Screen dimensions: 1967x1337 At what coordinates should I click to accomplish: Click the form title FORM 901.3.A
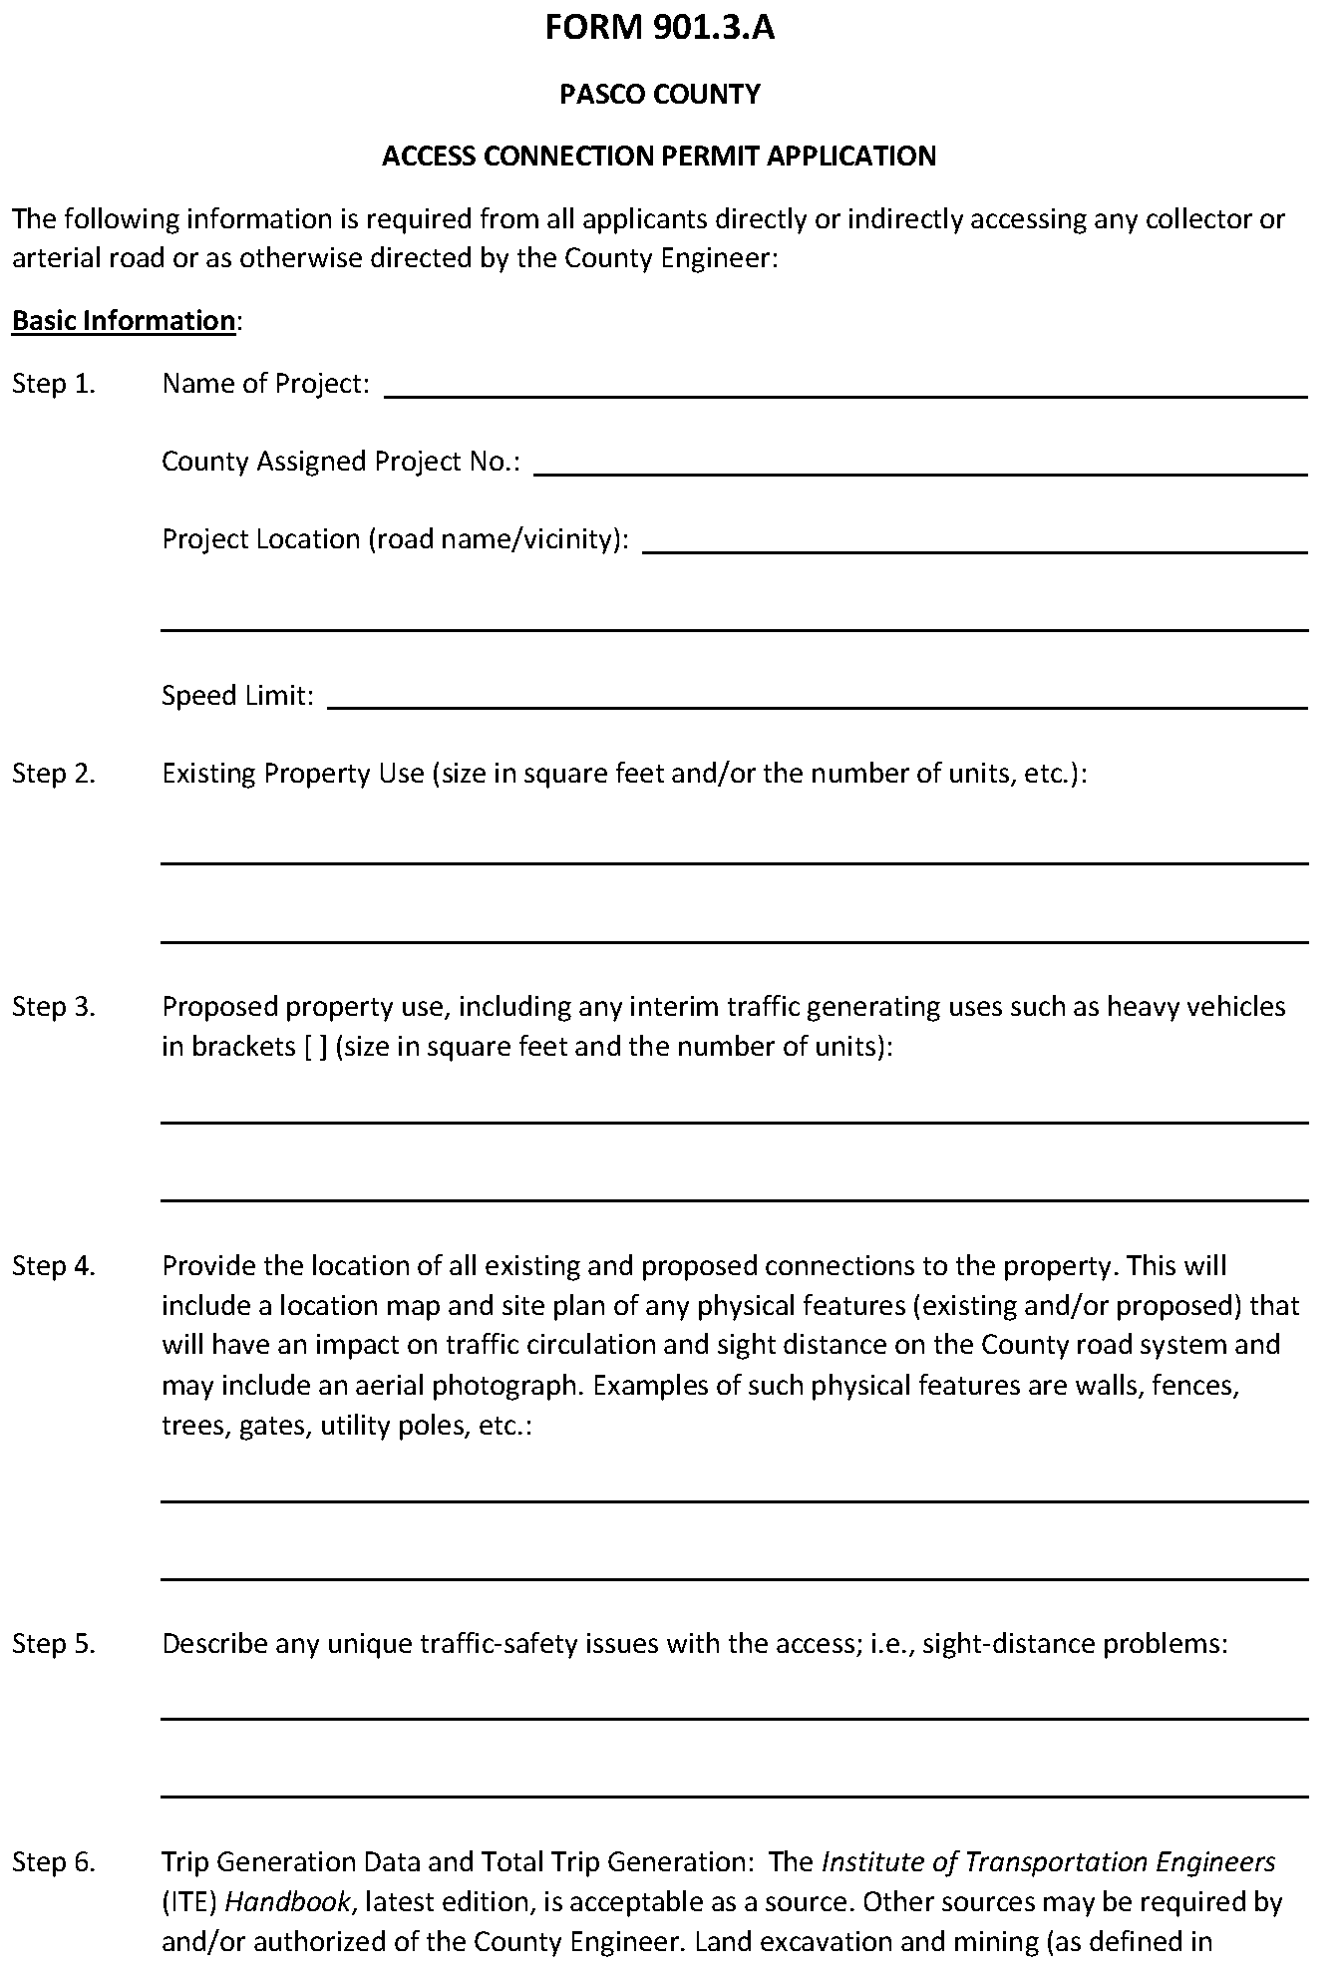[x=660, y=28]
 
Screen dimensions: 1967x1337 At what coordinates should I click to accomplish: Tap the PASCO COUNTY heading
[x=660, y=95]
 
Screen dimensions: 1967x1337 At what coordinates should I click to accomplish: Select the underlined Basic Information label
[x=124, y=321]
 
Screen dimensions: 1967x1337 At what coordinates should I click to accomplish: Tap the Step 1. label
[x=54, y=384]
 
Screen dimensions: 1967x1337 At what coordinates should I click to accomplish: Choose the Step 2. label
[x=54, y=774]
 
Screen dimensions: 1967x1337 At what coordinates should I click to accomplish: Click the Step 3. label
[x=54, y=1007]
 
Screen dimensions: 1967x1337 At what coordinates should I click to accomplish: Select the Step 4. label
[x=54, y=1266]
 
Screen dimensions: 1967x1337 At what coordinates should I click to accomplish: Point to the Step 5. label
[x=54, y=1644]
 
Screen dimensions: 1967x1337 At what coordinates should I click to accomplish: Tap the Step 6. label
[x=54, y=1862]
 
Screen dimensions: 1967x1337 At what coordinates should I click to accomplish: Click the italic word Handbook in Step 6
[x=287, y=1902]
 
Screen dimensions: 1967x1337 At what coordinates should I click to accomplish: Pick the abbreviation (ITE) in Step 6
[x=189, y=1902]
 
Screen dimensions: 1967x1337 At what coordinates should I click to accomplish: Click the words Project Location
[x=261, y=539]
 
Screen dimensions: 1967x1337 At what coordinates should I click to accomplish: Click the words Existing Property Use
[x=293, y=774]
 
